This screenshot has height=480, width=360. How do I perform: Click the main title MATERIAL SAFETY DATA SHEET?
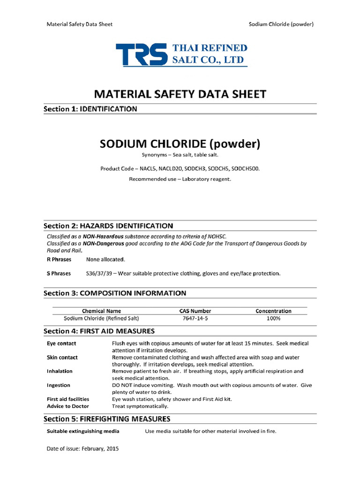(180, 94)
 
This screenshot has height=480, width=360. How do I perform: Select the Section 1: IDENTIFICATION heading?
(90, 109)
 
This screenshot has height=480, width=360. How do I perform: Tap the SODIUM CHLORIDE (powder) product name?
(180, 143)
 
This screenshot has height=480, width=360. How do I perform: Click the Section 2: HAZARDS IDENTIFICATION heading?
(108, 225)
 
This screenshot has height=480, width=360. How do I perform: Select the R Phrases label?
(59, 259)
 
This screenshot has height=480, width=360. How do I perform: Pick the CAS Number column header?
(195, 311)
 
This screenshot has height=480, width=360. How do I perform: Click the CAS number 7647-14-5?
(195, 318)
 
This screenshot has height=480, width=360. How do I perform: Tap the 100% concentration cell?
(273, 318)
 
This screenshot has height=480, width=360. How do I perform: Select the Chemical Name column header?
(101, 311)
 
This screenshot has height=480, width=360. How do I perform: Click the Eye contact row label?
(61, 344)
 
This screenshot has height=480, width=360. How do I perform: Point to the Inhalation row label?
(60, 371)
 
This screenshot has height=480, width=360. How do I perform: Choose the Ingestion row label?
(59, 385)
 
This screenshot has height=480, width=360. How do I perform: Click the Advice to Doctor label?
(67, 406)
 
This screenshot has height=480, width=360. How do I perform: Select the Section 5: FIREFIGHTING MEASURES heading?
(107, 419)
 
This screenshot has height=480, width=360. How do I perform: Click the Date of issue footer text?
(82, 449)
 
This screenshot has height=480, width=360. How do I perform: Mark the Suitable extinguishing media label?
(83, 431)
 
